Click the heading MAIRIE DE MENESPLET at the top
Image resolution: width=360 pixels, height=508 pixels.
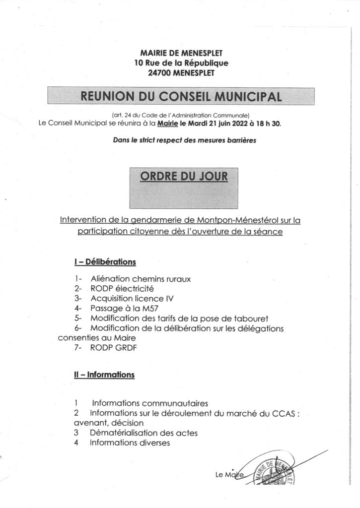coord(181,53)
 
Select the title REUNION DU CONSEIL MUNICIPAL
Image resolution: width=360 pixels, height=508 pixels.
coord(181,96)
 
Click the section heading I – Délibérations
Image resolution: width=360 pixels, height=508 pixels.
coord(105,262)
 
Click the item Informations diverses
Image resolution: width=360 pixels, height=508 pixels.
coord(130,443)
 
